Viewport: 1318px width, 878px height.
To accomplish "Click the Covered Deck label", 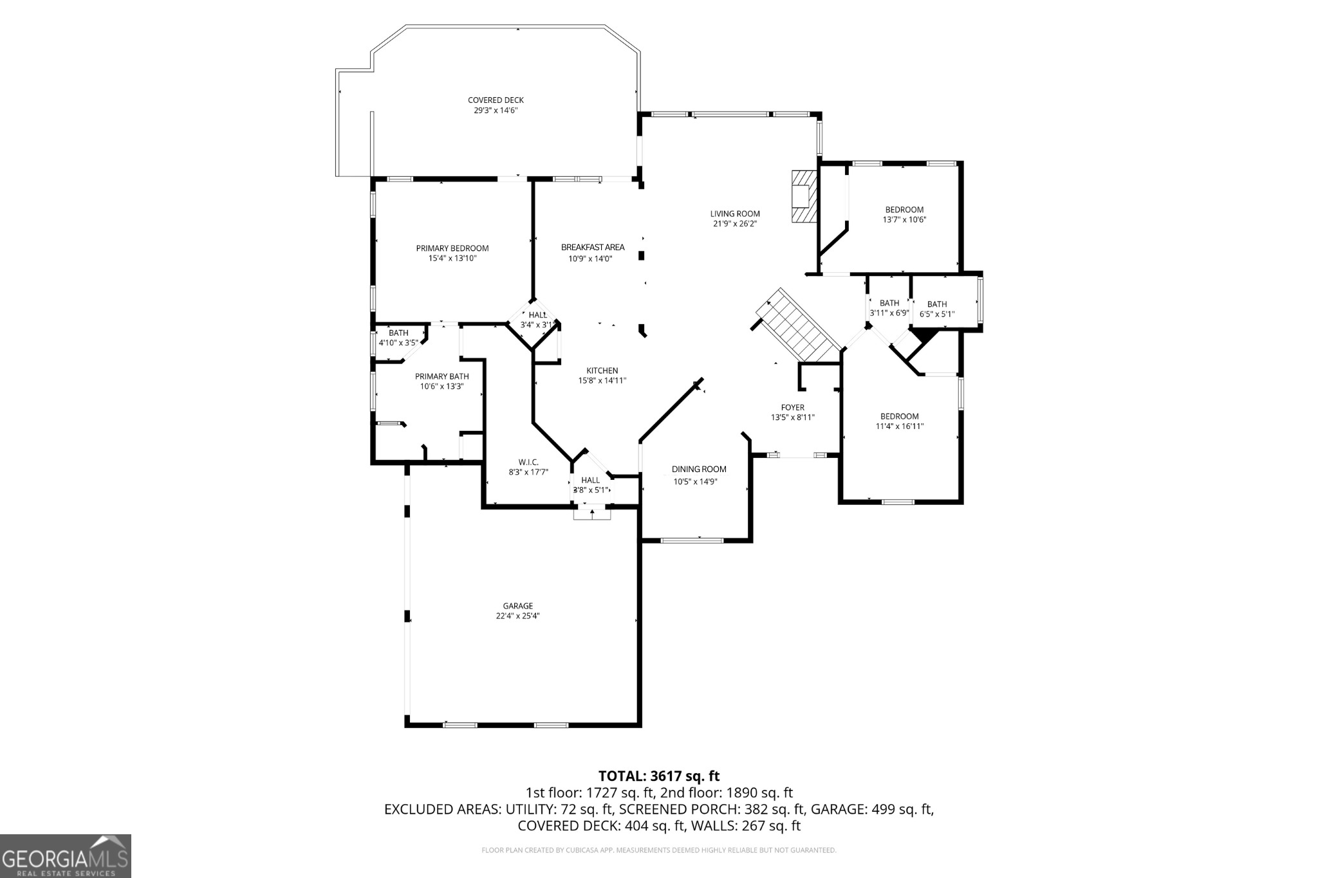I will pyautogui.click(x=496, y=100).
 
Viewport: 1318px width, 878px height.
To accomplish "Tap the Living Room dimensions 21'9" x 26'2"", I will pyautogui.click(x=734, y=224).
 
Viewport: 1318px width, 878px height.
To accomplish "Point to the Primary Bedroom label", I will pyautogui.click(x=452, y=248).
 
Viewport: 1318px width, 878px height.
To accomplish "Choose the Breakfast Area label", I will pyautogui.click(x=592, y=247).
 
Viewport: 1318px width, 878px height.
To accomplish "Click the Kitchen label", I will pyautogui.click(x=602, y=370).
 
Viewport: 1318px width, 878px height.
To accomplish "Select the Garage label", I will pyautogui.click(x=517, y=606).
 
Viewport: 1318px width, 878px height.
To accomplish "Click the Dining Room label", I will pyautogui.click(x=698, y=470).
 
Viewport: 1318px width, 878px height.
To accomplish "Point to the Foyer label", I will pyautogui.click(x=792, y=407).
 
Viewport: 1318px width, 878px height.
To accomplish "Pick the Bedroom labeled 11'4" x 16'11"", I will pyautogui.click(x=899, y=421).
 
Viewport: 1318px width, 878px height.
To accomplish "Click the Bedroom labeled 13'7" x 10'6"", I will pyautogui.click(x=904, y=214).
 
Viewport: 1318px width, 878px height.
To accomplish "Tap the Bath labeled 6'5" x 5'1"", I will pyautogui.click(x=936, y=309).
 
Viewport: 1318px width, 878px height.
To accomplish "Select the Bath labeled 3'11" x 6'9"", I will pyautogui.click(x=889, y=307).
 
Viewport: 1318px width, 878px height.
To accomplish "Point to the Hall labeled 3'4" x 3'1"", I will pyautogui.click(x=537, y=319).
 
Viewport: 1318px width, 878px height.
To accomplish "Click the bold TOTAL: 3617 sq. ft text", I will pyautogui.click(x=658, y=776).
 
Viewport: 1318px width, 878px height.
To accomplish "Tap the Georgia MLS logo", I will pyautogui.click(x=65, y=856).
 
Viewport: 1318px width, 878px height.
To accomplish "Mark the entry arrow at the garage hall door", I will pyautogui.click(x=591, y=513).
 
